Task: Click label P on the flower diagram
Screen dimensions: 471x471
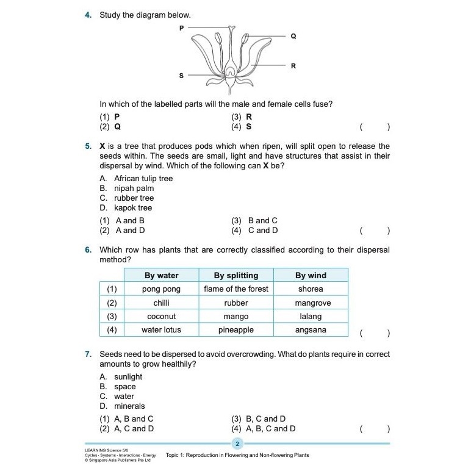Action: (181, 28)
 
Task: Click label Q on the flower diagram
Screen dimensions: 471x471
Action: (293, 37)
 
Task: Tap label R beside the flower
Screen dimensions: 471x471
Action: (293, 65)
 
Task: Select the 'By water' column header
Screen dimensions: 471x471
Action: (161, 275)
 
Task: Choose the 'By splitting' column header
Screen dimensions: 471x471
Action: (236, 275)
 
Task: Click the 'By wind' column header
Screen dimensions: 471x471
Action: (311, 275)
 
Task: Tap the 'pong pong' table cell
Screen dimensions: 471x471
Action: (161, 289)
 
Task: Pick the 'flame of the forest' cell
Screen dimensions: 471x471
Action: (236, 289)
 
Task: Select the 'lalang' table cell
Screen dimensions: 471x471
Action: (311, 317)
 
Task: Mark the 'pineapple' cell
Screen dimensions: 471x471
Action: (236, 330)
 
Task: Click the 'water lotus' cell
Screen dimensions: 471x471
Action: (161, 330)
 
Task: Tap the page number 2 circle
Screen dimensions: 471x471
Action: (238, 444)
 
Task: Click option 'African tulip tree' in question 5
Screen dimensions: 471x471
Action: (143, 179)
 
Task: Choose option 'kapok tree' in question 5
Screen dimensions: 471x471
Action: (132, 208)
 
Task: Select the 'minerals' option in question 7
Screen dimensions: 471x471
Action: (129, 406)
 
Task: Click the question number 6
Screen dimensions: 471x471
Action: (88, 250)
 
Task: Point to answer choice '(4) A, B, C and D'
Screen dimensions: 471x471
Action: (263, 429)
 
